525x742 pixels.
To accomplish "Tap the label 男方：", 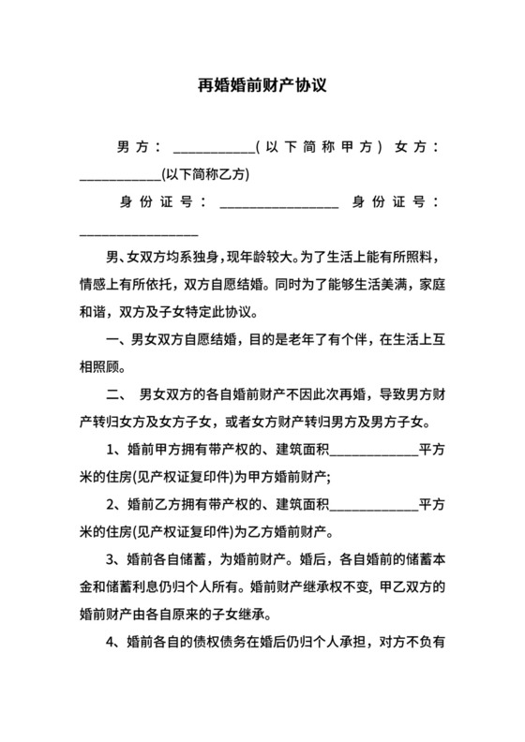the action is point(138,147).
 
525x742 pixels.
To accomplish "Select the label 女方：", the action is point(417,147).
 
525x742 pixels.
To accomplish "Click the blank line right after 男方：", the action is point(213,150).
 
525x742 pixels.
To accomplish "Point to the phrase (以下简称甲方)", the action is point(320,147).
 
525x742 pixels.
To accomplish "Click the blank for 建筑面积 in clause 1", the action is point(374,449).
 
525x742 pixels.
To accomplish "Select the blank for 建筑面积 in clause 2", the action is point(374,505).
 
